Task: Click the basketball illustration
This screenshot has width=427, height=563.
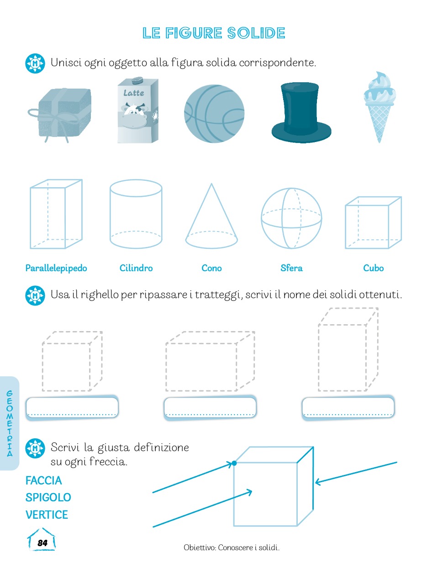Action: tap(214, 113)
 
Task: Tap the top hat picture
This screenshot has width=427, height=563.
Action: tap(301, 112)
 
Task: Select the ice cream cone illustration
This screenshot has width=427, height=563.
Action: tap(380, 107)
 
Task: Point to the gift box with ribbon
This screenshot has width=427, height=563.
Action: tap(59, 115)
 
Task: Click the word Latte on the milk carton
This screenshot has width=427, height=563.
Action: tap(134, 93)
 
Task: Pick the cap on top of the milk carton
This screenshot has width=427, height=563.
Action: tap(137, 80)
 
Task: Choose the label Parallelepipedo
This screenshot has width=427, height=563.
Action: tap(56, 268)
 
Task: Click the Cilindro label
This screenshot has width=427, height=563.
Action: tap(136, 268)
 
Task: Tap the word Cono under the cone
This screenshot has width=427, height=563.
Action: tap(211, 268)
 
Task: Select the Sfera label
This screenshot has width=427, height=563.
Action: tap(291, 268)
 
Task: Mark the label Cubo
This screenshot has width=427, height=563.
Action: tap(373, 268)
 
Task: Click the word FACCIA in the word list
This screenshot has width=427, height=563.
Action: tap(43, 480)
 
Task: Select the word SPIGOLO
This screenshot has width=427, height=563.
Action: tap(48, 497)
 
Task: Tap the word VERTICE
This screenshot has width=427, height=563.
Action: tap(47, 515)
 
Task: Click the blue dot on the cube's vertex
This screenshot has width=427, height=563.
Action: tap(234, 463)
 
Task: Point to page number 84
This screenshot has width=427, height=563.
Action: tap(42, 543)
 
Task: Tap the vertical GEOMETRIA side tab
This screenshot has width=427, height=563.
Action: tap(10, 423)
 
